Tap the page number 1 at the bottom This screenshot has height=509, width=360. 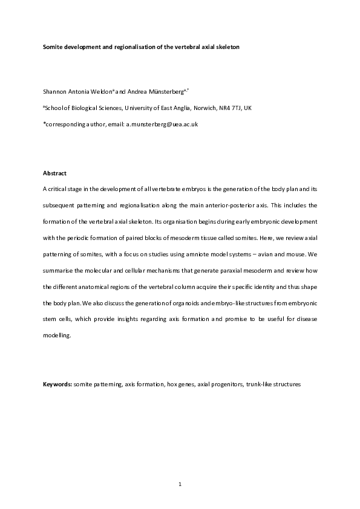tap(180, 484)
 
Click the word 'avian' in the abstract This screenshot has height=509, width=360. tap(282, 254)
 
